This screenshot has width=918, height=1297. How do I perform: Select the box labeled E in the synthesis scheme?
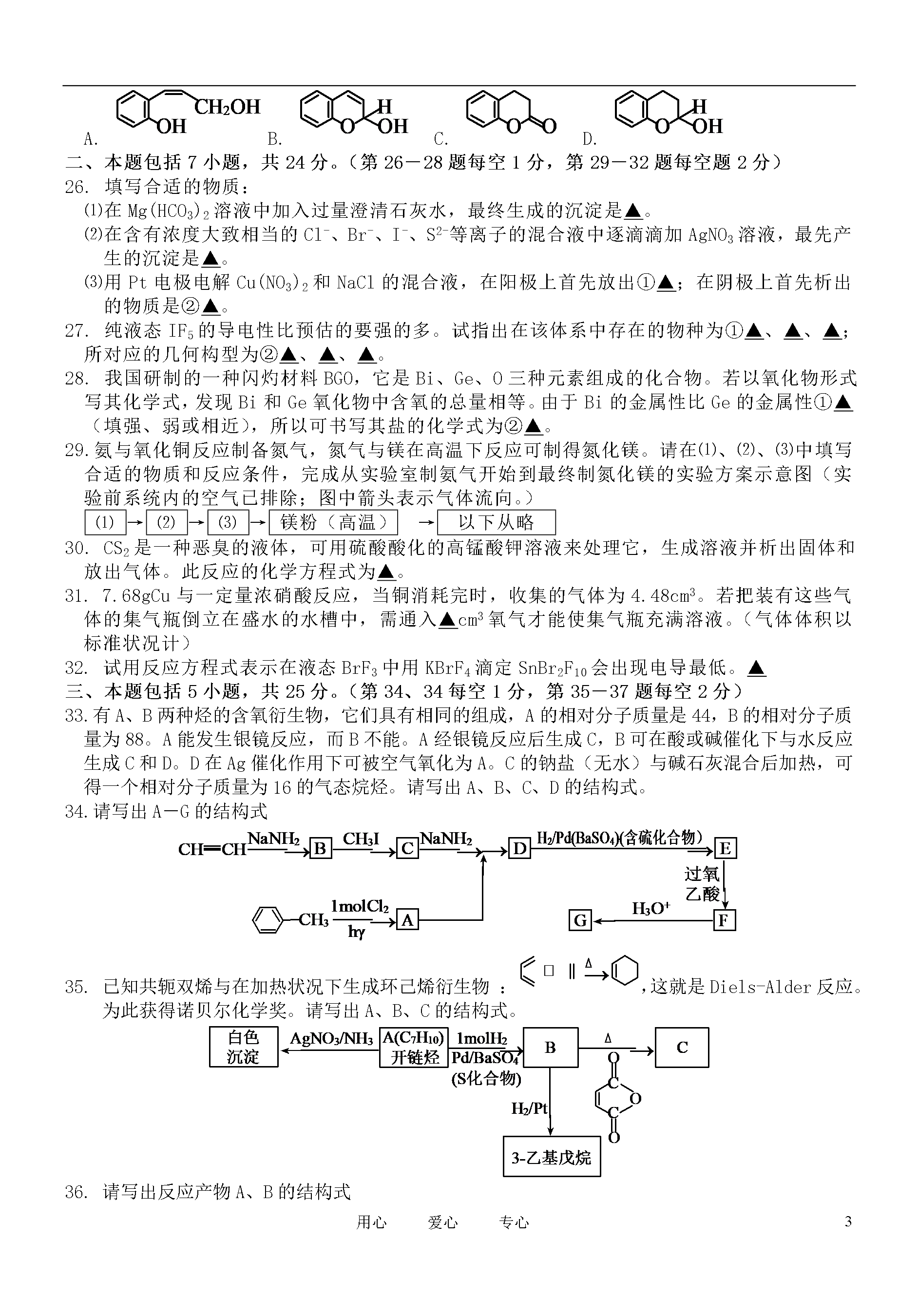click(725, 849)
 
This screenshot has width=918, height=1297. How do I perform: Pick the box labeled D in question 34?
click(519, 849)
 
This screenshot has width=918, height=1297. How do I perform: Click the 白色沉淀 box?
click(244, 1047)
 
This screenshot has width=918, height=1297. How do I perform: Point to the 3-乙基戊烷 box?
click(551, 1156)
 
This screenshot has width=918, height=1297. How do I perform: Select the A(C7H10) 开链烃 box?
click(414, 1047)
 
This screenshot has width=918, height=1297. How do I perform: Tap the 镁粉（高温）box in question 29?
click(333, 522)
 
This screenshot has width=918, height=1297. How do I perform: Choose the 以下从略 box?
click(497, 522)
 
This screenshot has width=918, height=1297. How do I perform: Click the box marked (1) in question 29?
click(105, 522)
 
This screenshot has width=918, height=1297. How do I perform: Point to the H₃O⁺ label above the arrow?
click(651, 909)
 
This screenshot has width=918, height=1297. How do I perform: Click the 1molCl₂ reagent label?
click(360, 907)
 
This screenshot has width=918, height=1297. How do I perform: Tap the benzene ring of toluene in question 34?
click(268, 920)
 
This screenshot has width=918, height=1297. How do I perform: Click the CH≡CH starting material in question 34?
click(212, 849)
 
